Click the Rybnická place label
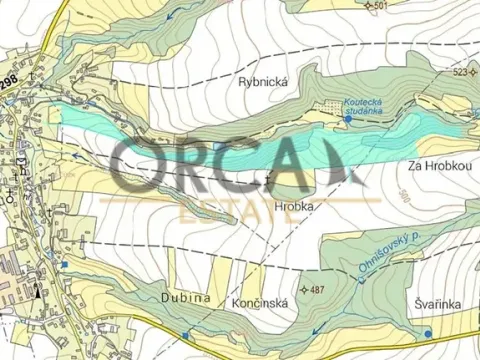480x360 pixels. (x=262, y=80)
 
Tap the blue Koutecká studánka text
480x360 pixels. (x=362, y=108)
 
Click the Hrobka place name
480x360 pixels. (x=294, y=205)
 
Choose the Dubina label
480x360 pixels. (x=185, y=298)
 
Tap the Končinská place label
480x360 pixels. (x=261, y=299)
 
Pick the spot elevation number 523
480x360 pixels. (x=461, y=73)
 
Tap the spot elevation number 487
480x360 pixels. (x=317, y=289)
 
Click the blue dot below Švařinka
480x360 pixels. (x=427, y=333)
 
